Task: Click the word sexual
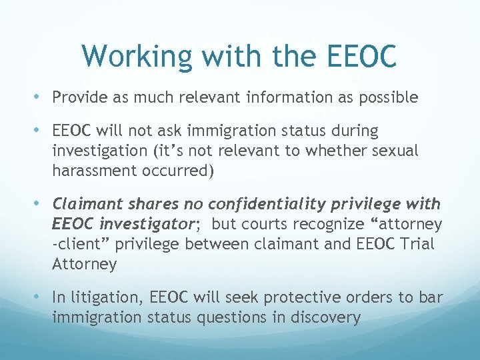click(x=395, y=151)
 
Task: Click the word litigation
click(x=107, y=297)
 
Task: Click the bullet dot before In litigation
click(x=43, y=297)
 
